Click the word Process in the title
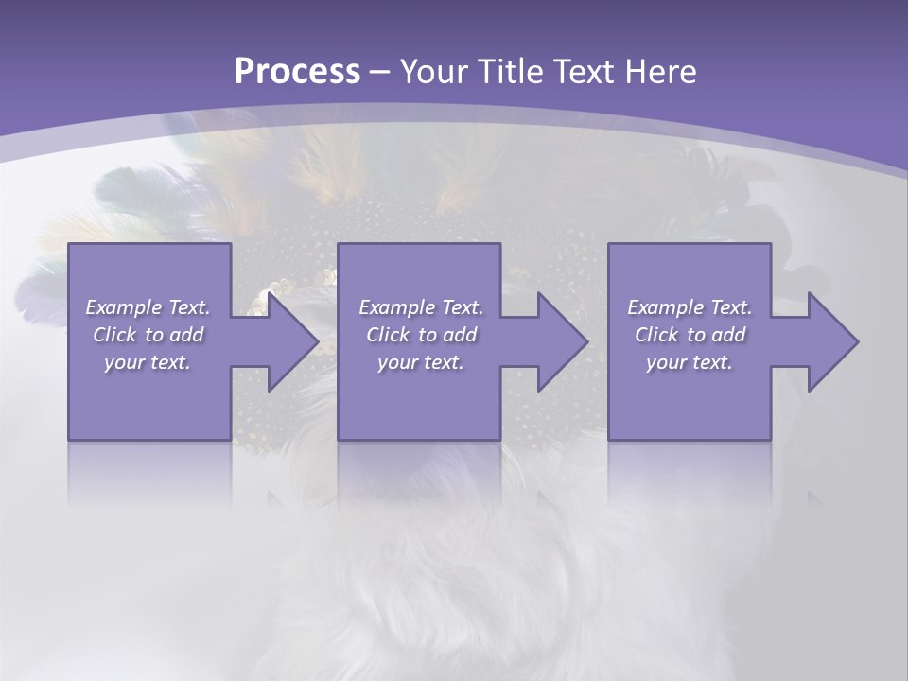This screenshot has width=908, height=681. click(297, 71)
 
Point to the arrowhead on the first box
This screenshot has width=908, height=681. click(284, 341)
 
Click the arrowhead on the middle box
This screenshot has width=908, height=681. click(553, 341)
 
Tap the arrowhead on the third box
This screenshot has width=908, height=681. click(824, 341)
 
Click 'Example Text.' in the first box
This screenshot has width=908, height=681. click(148, 307)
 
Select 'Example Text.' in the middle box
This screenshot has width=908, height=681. click(421, 307)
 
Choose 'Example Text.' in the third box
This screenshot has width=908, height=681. click(690, 307)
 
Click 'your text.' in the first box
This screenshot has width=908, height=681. click(148, 362)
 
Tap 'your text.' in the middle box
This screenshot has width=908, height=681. click(421, 362)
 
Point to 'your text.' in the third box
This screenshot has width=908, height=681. click(690, 362)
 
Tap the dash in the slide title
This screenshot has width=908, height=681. click(379, 72)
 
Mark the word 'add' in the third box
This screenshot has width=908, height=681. click(728, 335)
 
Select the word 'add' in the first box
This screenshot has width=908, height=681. click(186, 335)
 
